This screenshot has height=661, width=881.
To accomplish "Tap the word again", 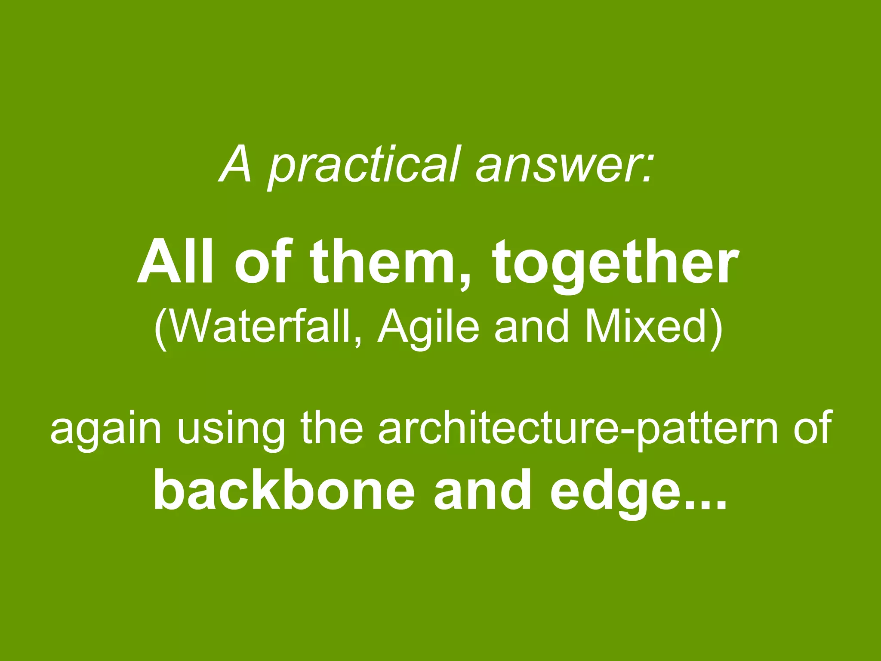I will (106, 430).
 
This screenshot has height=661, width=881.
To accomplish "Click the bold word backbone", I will (284, 491).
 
